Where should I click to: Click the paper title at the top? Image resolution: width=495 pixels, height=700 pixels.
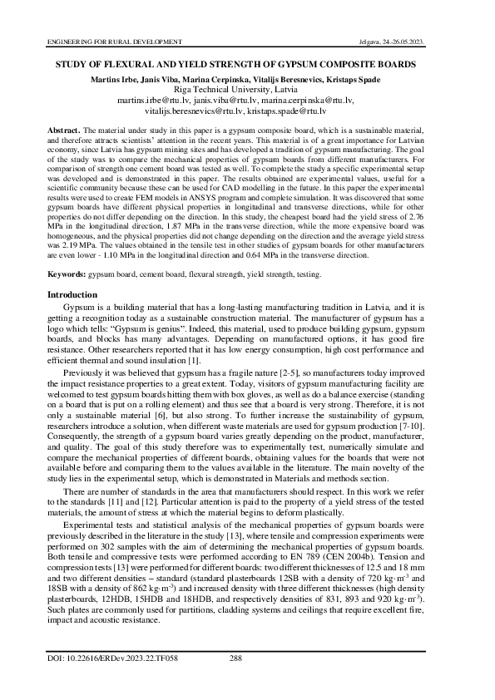(247, 62)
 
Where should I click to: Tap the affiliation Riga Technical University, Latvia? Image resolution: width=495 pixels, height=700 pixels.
(247, 89)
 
